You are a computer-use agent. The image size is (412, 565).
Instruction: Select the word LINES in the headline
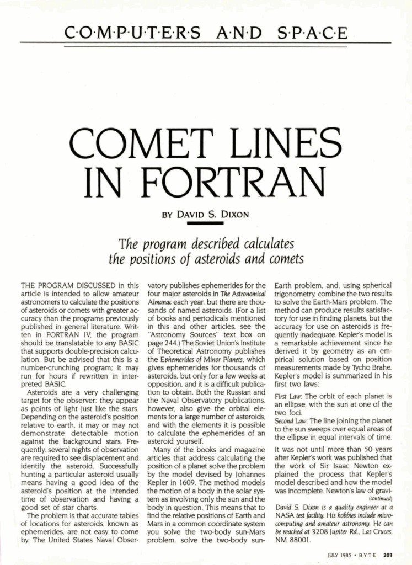click(x=280, y=144)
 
